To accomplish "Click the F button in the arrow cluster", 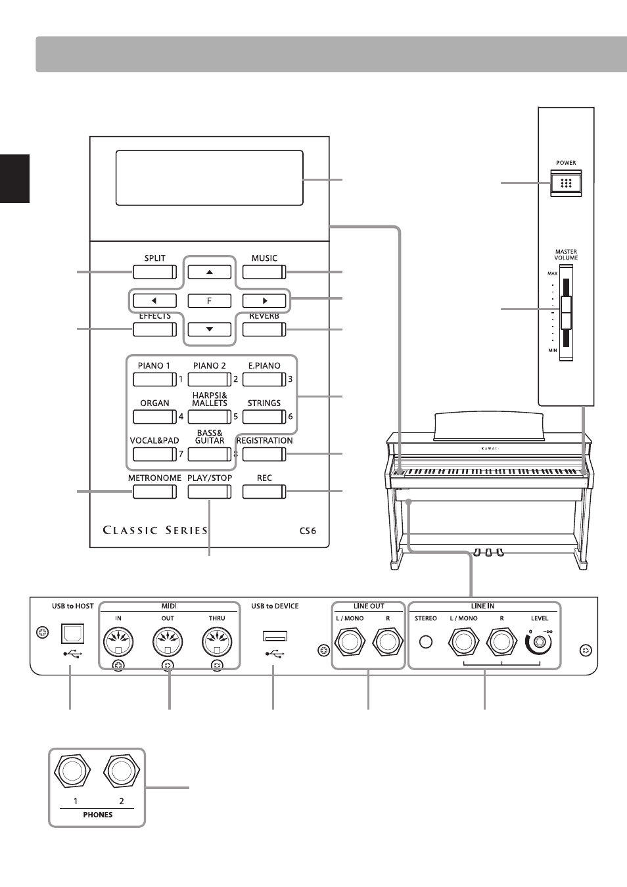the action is (209, 300).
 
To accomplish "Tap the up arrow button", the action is (209, 272).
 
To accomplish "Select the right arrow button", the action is (264, 300).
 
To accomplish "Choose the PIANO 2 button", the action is (209, 379).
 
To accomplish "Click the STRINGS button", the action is (264, 417).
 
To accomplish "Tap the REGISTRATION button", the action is (264, 454).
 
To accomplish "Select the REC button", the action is (264, 491).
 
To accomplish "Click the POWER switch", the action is (566, 183).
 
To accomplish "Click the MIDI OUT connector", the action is (168, 642).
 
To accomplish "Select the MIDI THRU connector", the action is (217, 642).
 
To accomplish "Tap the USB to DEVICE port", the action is (275, 636).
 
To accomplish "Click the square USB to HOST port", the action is (72, 633).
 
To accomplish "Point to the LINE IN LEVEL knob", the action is (538, 643).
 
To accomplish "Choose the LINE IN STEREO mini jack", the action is (426, 642).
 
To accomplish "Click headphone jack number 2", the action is (122, 771).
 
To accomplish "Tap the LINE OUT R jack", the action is (388, 642).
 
